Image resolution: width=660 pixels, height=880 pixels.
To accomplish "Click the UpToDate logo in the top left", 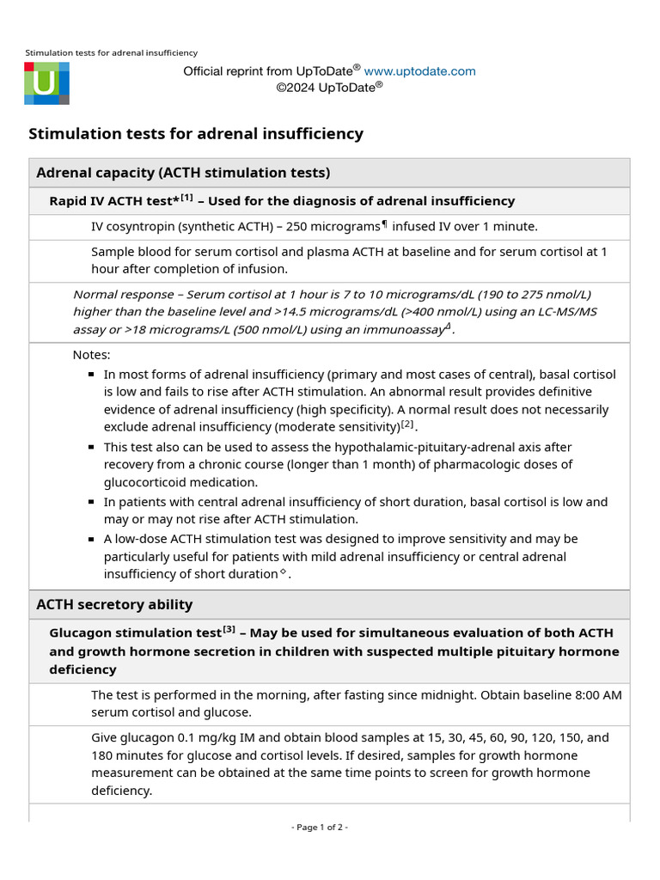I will (x=46, y=83).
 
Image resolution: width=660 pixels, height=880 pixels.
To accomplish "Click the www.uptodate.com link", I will (x=419, y=71).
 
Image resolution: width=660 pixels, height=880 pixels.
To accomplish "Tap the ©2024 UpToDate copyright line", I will (x=329, y=87).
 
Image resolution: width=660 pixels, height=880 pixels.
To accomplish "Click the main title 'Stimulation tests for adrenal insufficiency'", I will (x=196, y=134).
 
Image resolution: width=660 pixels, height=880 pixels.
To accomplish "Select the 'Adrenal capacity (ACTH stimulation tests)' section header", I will (x=182, y=173).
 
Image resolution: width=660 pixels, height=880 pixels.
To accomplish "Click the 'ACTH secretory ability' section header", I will (x=114, y=604).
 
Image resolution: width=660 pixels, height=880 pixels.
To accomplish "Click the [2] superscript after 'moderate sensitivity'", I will (x=407, y=424).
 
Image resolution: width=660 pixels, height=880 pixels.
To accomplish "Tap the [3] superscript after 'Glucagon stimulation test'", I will (x=229, y=630).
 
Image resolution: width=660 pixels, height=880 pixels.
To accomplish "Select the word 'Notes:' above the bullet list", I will (x=91, y=355).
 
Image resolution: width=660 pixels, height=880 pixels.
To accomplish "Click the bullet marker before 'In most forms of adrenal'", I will (x=91, y=375).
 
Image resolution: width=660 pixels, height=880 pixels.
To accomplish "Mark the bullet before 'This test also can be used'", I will (x=91, y=448).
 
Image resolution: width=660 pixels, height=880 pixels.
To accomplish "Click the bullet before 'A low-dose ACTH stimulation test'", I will (x=91, y=540).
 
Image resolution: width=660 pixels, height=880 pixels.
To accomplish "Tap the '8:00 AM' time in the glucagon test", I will (x=598, y=694).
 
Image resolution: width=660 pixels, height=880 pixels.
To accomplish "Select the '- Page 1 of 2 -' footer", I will (x=320, y=828).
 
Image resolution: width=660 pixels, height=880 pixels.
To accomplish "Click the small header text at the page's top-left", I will (x=111, y=53).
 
